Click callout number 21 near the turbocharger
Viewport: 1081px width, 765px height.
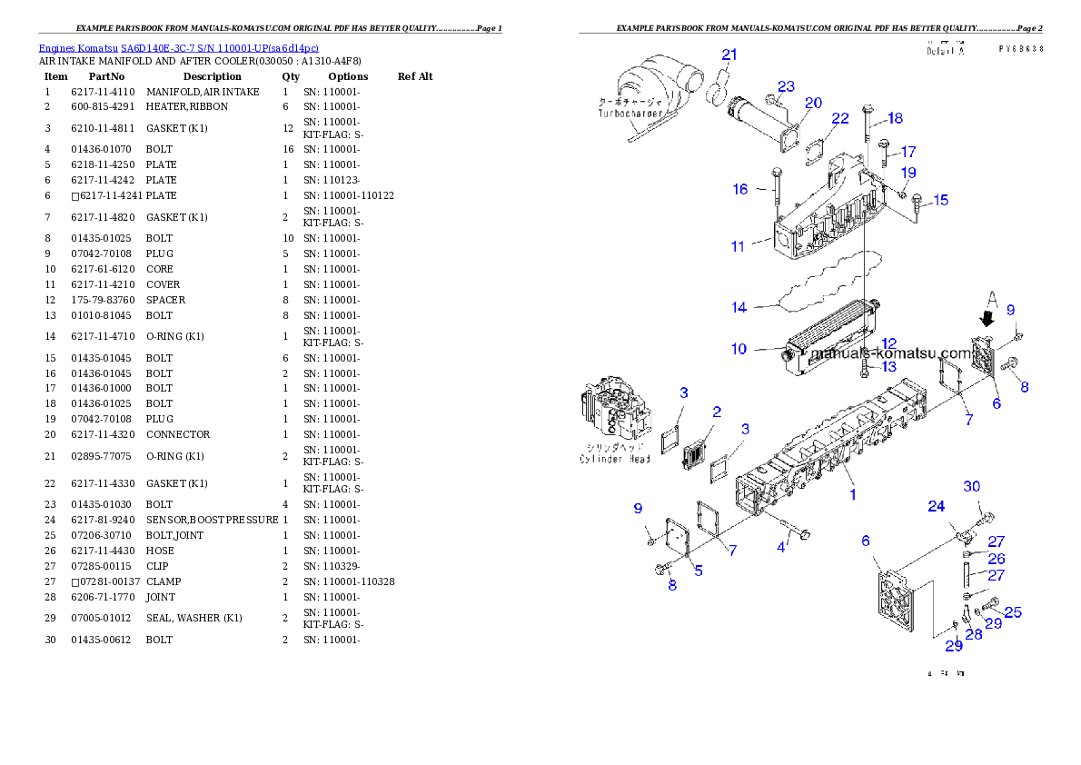pos(729,55)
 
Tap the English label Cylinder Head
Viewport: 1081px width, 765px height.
pos(615,459)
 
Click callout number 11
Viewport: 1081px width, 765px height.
pos(738,246)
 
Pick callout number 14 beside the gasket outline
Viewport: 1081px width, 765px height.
pos(739,307)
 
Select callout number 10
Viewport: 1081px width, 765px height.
pos(739,349)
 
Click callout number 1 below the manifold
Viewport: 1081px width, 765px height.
pos(853,494)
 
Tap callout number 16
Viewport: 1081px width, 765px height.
pos(740,189)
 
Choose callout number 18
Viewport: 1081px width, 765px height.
pos(896,118)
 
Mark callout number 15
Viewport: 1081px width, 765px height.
pos(940,199)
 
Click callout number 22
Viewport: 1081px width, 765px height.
pos(840,119)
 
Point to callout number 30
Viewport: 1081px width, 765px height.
pos(972,487)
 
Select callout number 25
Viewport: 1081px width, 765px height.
pos(1012,612)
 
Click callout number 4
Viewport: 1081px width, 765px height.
pos(781,547)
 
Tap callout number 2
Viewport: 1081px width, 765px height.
pos(717,412)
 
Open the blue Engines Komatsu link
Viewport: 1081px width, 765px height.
pos(178,47)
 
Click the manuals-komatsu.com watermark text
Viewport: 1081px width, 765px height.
pos(890,353)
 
